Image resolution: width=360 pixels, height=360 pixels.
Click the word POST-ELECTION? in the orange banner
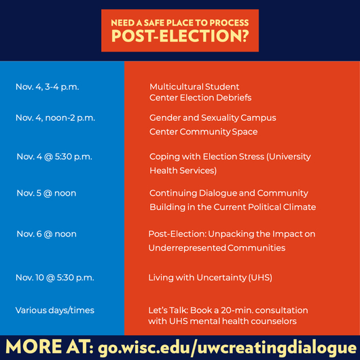180,36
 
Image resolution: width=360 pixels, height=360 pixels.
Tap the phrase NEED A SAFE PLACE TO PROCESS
180,22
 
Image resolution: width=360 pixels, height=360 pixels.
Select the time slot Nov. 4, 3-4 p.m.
48,87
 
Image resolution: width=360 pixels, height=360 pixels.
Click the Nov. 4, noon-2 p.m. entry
55,118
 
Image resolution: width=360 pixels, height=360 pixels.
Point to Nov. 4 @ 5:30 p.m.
54,157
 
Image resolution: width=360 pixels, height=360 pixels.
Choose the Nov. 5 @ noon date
46,194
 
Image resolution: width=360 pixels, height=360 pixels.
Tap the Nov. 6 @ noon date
47,234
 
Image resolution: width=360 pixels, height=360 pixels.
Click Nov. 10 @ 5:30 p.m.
55,278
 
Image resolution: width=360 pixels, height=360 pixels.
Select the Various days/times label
55,310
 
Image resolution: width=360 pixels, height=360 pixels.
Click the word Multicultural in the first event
176,87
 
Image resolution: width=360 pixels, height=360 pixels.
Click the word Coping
164,157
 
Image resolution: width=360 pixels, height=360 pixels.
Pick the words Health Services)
183,170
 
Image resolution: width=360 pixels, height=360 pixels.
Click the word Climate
300,207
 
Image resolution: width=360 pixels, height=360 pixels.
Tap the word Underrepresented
187,248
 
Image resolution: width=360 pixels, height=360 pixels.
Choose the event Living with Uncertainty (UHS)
211,278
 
